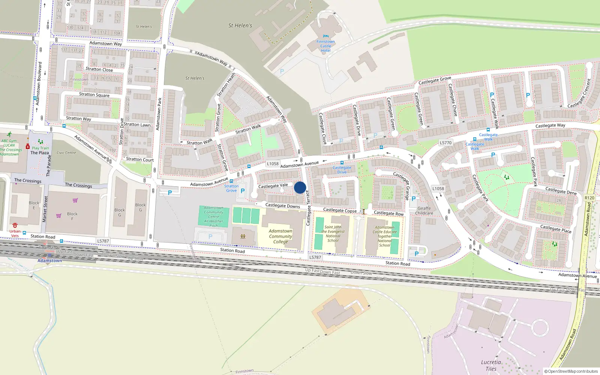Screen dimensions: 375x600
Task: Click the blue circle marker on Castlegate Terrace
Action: point(300,187)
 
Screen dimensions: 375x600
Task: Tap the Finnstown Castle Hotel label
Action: point(325,46)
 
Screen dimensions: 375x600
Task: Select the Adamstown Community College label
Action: point(280,236)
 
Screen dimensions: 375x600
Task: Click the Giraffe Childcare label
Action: point(424,211)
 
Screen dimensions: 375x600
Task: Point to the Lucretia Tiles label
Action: point(491,366)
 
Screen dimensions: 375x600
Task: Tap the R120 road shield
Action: point(589,198)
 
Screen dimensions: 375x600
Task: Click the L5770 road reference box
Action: point(445,142)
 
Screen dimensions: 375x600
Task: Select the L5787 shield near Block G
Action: point(103,241)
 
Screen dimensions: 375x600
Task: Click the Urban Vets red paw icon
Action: point(15,225)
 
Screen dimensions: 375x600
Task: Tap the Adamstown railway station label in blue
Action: point(50,261)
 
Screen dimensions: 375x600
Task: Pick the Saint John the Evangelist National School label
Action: point(333,234)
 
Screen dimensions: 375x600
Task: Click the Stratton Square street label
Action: point(94,95)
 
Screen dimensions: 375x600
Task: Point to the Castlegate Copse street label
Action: point(340,210)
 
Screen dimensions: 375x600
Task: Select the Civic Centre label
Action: point(66,153)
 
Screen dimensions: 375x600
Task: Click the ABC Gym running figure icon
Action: point(9,134)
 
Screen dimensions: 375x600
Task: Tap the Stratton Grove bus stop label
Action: point(231,188)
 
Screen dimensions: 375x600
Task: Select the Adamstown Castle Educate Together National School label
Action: point(385,236)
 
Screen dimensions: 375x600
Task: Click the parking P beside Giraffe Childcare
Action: point(414,199)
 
